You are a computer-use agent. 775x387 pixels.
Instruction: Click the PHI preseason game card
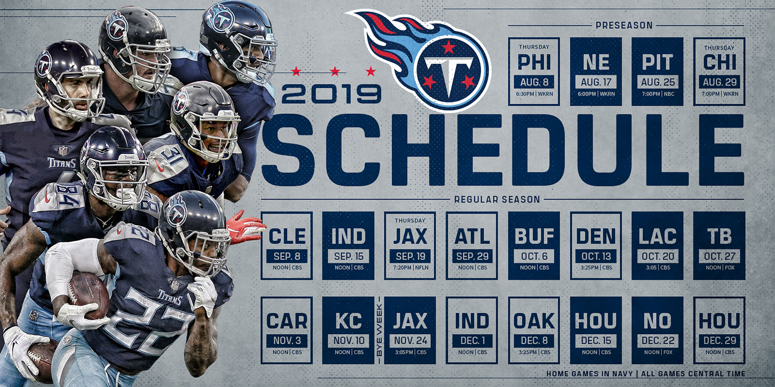click(534, 71)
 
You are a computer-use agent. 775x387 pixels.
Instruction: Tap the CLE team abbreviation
click(287, 236)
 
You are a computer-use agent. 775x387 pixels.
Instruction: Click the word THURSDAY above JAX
click(410, 221)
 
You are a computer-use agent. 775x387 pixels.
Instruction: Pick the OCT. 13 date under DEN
click(596, 256)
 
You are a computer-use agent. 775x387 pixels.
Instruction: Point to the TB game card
click(720, 246)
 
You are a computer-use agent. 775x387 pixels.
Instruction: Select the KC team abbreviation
click(348, 321)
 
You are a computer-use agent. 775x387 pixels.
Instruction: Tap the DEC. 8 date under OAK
click(534, 340)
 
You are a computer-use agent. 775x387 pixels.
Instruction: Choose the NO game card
click(658, 330)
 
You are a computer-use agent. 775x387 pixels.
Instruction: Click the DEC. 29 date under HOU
click(720, 340)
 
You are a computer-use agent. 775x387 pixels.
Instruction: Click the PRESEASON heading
click(624, 25)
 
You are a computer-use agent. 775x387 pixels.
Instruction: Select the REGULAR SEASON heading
click(497, 200)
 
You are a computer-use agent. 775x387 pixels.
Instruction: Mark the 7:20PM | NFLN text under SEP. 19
click(410, 268)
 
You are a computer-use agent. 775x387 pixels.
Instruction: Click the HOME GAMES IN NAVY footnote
click(589, 374)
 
